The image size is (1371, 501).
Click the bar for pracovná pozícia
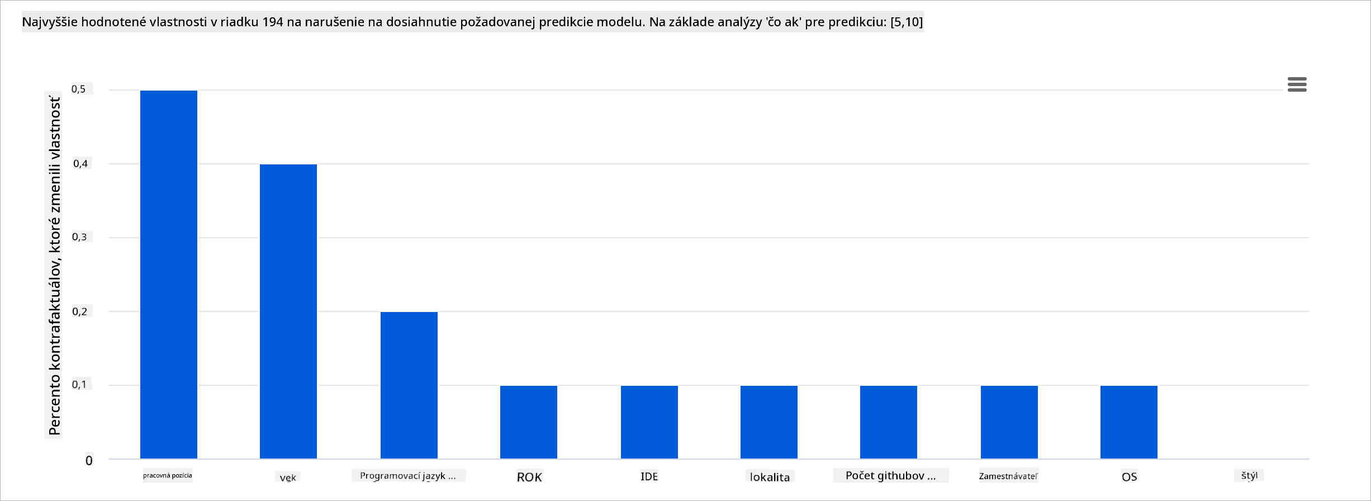(x=168, y=274)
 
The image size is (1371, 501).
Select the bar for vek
(x=288, y=311)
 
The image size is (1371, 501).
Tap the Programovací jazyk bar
(x=409, y=385)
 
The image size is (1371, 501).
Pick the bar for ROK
(x=528, y=422)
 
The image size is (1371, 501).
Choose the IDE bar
(x=649, y=422)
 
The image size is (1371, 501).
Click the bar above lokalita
(x=768, y=422)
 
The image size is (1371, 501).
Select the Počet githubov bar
(x=888, y=422)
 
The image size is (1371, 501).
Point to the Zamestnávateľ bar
(x=1009, y=422)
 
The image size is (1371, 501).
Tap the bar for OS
(x=1128, y=422)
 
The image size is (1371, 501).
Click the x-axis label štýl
(x=1249, y=475)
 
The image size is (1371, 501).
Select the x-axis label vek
(x=288, y=478)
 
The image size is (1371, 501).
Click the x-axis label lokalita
(x=770, y=477)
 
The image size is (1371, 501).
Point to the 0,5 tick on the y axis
(x=79, y=89)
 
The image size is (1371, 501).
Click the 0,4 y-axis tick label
(x=80, y=163)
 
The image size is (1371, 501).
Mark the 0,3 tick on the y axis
(x=79, y=237)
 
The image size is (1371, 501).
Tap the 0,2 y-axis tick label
(x=80, y=311)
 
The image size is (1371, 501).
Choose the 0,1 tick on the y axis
(x=79, y=385)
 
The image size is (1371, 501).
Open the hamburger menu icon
(x=1297, y=84)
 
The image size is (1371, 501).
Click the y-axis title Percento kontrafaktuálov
(x=54, y=266)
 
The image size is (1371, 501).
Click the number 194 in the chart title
(x=273, y=22)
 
